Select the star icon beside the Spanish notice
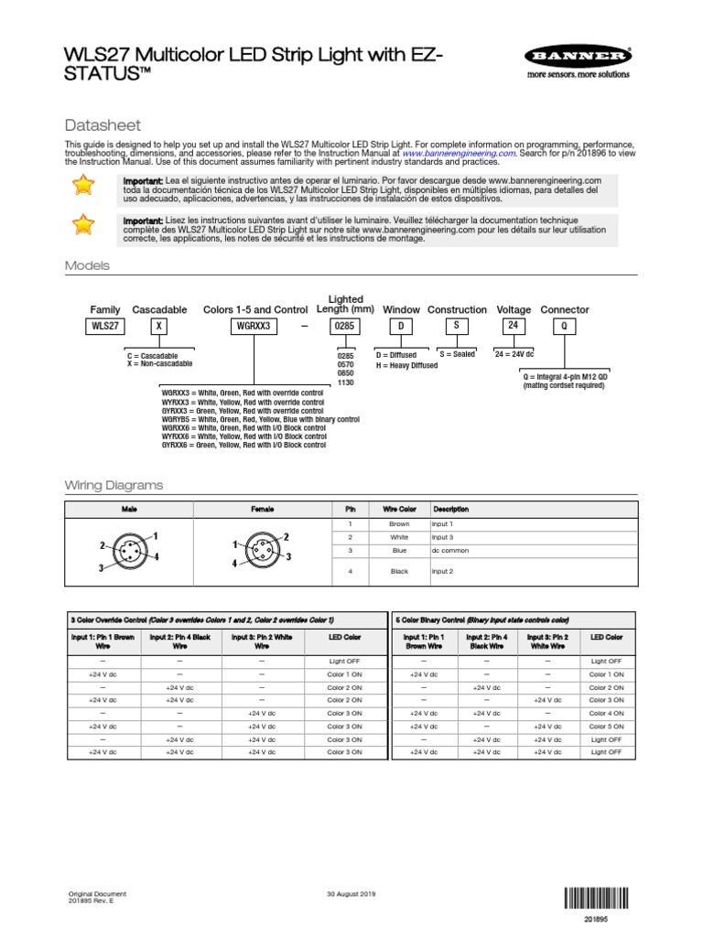pyautogui.click(x=83, y=187)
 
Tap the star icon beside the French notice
pyautogui.click(x=83, y=225)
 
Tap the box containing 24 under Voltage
pyautogui.click(x=514, y=325)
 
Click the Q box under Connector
pyautogui.click(x=564, y=326)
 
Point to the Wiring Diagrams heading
pyautogui.click(x=113, y=484)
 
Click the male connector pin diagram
pyautogui.click(x=129, y=552)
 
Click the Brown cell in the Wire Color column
pyautogui.click(x=399, y=523)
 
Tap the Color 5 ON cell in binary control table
pyautogui.click(x=606, y=726)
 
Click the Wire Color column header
pyautogui.click(x=399, y=509)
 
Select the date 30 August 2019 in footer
pyautogui.click(x=351, y=894)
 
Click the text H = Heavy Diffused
pyautogui.click(x=406, y=365)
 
